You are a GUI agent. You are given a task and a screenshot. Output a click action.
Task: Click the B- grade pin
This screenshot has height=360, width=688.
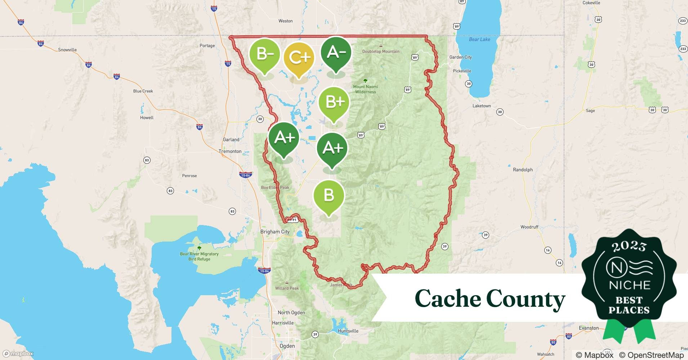[x=265, y=55]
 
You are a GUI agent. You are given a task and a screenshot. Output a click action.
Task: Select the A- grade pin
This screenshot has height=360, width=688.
[x=336, y=53]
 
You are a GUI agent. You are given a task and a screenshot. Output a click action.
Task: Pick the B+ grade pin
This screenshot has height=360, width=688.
[x=334, y=103]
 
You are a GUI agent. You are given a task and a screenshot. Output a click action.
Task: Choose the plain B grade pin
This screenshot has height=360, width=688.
[x=329, y=196]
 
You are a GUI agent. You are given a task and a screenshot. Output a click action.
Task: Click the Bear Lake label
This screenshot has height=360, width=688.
[x=479, y=39]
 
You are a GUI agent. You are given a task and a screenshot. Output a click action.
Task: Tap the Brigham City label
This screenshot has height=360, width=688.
[x=275, y=232]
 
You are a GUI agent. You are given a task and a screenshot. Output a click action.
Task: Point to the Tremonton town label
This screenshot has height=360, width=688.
[x=230, y=151]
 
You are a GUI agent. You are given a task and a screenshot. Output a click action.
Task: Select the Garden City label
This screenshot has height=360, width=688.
[x=460, y=57]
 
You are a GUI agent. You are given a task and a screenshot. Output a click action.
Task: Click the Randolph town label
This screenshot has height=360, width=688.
[x=522, y=170]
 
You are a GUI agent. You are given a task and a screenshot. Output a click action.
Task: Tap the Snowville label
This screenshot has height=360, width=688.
[x=67, y=50]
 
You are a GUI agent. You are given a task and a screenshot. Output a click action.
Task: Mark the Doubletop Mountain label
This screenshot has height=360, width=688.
[x=381, y=51]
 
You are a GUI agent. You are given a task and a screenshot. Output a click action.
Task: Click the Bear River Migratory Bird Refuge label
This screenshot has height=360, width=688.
[x=199, y=256]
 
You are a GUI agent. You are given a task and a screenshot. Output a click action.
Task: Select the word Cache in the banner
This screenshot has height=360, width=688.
[x=448, y=298]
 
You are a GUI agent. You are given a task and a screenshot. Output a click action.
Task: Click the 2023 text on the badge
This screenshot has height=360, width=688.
[x=629, y=246]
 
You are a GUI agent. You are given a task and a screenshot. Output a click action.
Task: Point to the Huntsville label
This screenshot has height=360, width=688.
[x=348, y=331]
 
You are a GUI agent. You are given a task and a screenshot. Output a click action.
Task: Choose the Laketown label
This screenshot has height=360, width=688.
[x=482, y=106]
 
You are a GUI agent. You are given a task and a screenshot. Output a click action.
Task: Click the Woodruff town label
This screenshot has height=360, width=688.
[x=529, y=227]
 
